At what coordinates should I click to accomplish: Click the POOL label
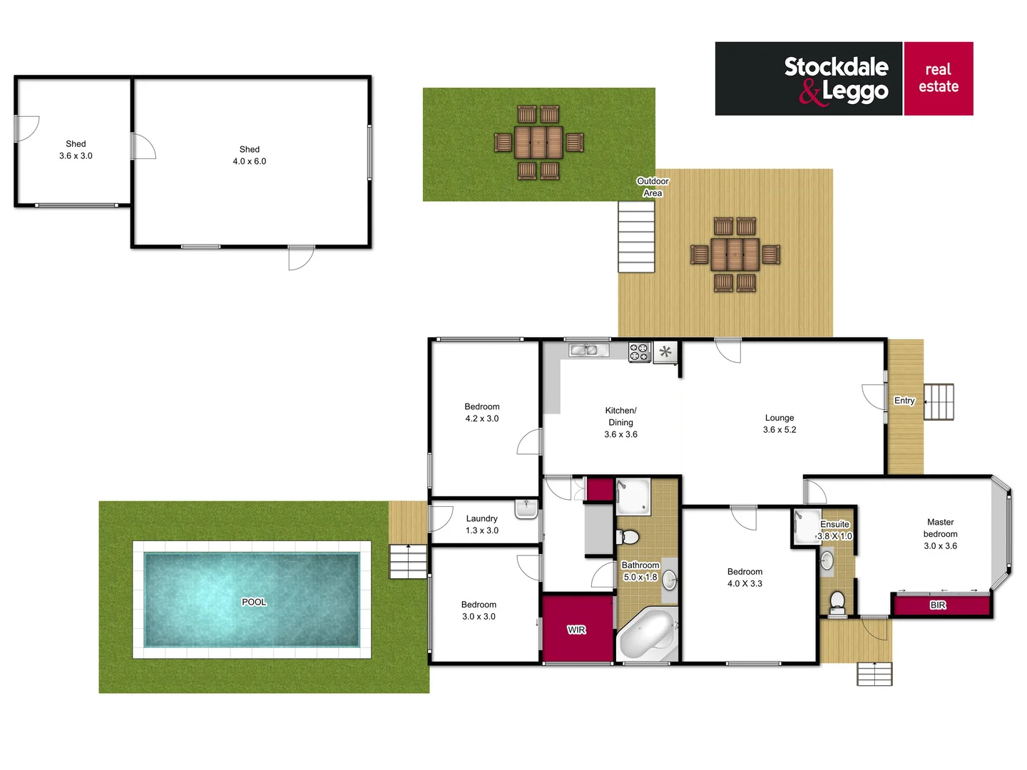tap(254, 602)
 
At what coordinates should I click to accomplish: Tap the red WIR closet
tap(577, 629)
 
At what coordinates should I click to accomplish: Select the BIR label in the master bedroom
tap(938, 605)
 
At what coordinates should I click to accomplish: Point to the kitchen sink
tap(588, 349)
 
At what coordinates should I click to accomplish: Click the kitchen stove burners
tap(639, 351)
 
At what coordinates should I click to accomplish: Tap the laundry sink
tap(526, 510)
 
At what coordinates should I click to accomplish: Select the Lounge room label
tap(780, 418)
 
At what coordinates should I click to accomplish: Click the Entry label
tap(904, 401)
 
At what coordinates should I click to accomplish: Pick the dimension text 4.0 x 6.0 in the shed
tap(250, 162)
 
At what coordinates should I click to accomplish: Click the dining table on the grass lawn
tap(538, 143)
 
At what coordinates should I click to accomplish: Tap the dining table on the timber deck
tap(735, 255)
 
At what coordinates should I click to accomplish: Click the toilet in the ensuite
tap(837, 600)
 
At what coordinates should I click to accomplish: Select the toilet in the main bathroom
tap(628, 537)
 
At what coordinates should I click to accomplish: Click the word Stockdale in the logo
tap(836, 67)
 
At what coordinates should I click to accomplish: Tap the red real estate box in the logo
tap(939, 78)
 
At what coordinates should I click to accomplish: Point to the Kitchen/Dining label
tap(620, 416)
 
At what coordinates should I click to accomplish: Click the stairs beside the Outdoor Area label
tap(636, 237)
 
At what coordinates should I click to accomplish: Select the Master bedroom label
tap(940, 528)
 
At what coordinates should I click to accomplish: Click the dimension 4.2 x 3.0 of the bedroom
tap(482, 419)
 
